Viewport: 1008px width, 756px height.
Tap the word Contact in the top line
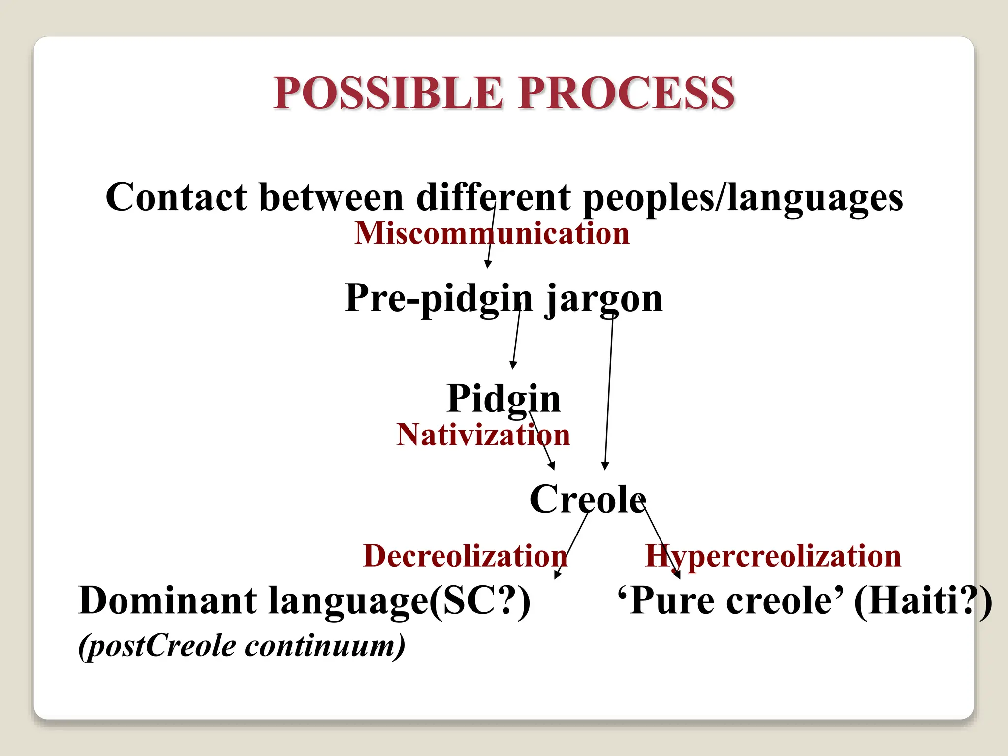(176, 197)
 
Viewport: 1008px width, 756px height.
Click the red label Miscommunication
(491, 233)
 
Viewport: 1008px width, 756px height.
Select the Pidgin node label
(503, 399)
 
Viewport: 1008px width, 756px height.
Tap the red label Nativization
(483, 435)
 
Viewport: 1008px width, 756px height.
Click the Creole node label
(587, 499)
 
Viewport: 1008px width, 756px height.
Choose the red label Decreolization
(465, 556)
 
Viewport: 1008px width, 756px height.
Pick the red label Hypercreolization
(773, 556)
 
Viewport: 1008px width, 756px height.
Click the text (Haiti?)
(922, 600)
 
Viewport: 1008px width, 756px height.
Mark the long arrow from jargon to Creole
(609, 394)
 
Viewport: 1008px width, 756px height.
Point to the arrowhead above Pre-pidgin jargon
(488, 265)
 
